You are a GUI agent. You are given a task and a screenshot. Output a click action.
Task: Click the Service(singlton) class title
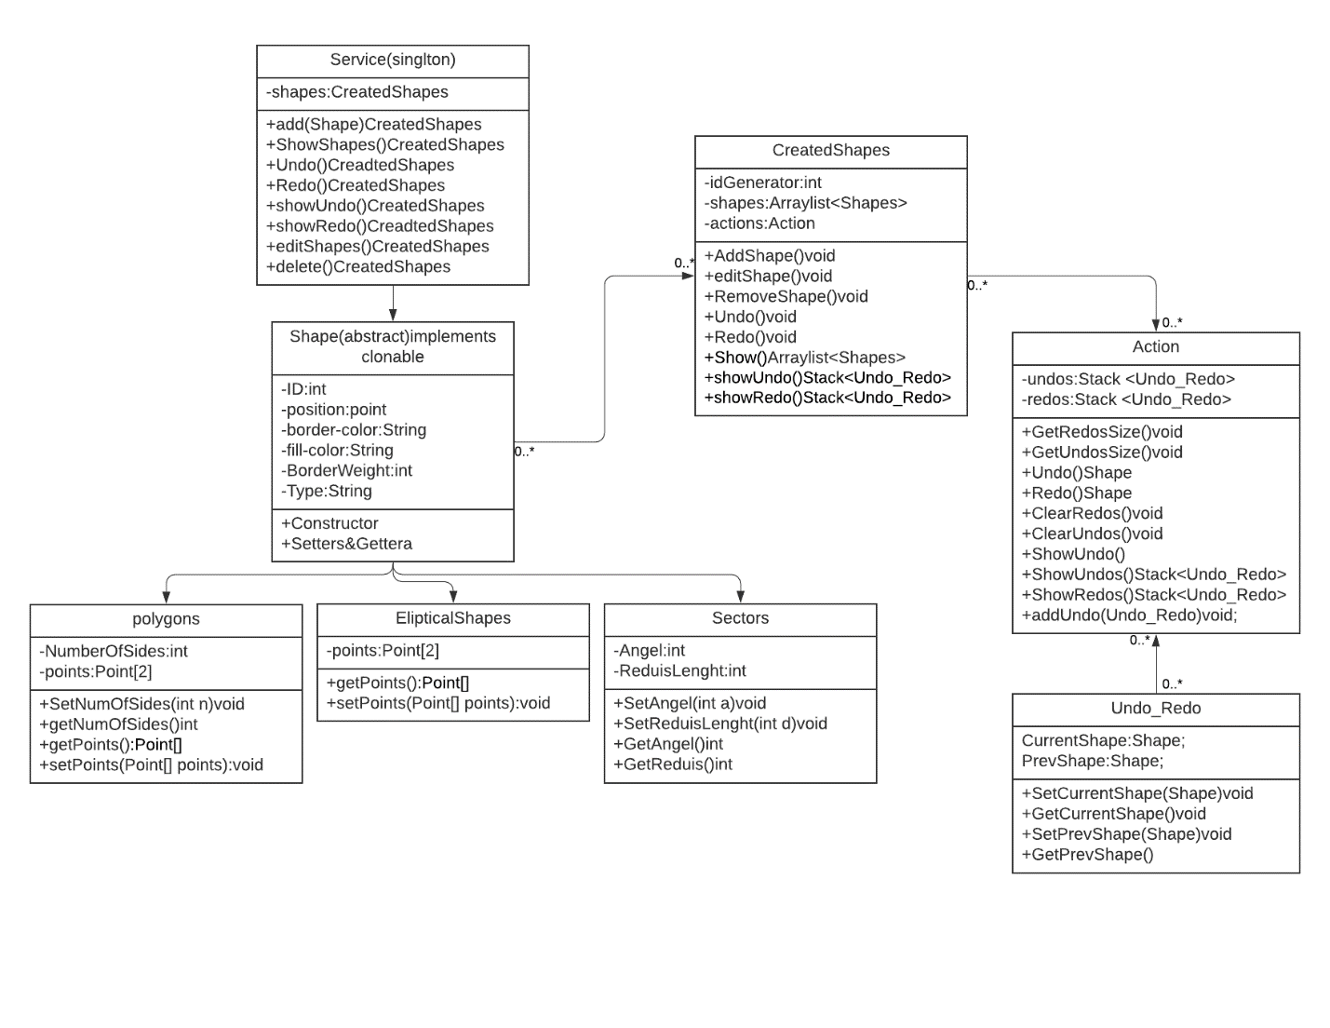point(393,61)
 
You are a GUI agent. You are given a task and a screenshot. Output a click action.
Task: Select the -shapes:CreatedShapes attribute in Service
point(357,92)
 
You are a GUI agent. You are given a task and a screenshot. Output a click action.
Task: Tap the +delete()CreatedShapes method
point(358,267)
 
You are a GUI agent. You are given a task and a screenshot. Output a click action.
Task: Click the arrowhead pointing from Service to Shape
point(393,316)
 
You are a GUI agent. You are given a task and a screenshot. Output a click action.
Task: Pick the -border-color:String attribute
point(354,430)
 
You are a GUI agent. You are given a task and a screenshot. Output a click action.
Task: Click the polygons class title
point(166,619)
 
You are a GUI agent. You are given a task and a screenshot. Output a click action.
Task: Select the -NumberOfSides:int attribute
point(114,652)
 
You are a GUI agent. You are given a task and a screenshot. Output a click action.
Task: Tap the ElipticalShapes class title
point(453,618)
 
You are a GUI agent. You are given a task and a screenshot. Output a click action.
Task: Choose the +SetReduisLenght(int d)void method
point(719,724)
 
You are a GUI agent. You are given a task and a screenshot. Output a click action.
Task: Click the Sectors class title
point(740,618)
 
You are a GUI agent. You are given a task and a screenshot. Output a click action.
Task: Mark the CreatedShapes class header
point(830,151)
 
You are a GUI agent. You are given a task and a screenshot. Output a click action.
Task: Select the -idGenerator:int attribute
point(762,183)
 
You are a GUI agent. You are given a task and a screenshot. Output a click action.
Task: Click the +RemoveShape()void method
point(786,297)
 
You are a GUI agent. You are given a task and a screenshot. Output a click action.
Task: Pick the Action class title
point(1155,347)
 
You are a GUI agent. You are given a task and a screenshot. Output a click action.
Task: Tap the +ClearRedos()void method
point(1092,514)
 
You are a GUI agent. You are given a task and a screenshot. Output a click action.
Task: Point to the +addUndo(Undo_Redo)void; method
point(1129,615)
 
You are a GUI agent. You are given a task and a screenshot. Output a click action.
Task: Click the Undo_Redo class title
point(1155,709)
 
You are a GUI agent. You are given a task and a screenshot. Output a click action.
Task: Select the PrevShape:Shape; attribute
point(1092,762)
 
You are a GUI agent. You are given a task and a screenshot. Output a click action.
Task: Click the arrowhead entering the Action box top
point(1155,326)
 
